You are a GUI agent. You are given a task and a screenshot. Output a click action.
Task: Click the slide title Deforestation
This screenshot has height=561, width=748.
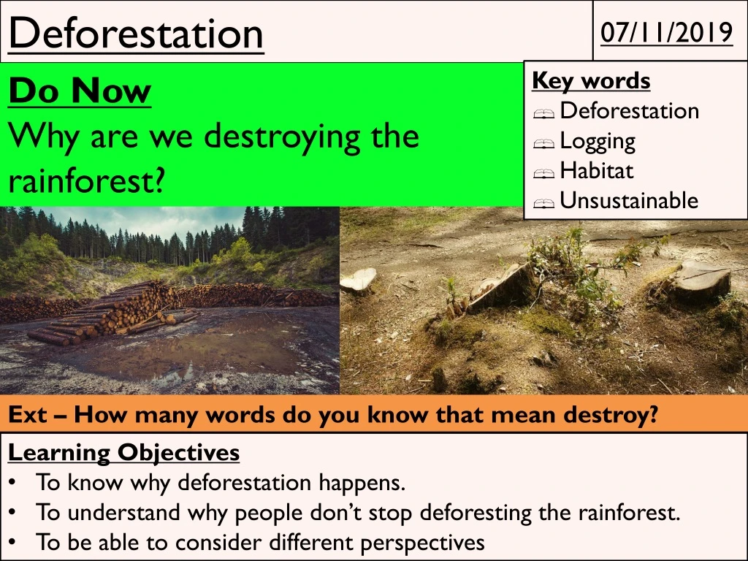[136, 34]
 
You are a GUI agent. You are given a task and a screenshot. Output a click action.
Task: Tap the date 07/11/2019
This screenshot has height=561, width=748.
[666, 33]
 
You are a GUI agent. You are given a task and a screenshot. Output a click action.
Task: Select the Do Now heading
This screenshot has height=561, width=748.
[80, 91]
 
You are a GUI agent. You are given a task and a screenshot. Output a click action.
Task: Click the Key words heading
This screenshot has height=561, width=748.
[591, 80]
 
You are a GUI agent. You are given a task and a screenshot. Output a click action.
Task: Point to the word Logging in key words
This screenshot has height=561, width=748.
[598, 141]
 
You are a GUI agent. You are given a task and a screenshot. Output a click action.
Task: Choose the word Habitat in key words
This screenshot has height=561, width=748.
[596, 171]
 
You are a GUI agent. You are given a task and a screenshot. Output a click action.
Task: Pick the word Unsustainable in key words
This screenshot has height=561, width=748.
[629, 201]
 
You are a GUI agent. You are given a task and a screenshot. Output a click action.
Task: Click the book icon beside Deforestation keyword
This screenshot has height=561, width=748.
[544, 113]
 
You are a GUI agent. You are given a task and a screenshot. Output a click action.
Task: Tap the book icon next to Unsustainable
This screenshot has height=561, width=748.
[544, 203]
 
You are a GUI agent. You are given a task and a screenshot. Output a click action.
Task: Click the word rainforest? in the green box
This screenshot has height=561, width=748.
[85, 180]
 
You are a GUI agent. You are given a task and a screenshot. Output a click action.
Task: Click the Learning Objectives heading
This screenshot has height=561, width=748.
[123, 453]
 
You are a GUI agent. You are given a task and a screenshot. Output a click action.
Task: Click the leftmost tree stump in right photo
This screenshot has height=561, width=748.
[359, 280]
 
